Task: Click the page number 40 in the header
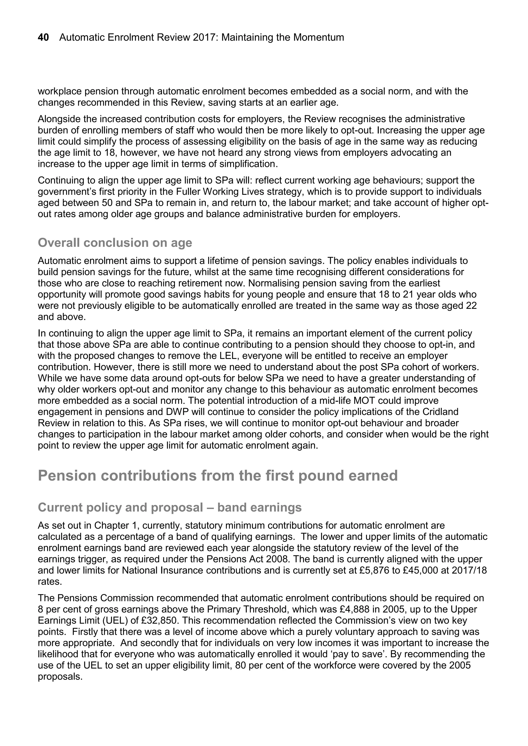[x=43, y=38]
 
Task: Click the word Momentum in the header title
[x=318, y=38]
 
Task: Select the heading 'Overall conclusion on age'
[x=115, y=243]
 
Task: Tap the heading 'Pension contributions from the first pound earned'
[x=218, y=476]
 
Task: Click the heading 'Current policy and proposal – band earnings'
[x=169, y=507]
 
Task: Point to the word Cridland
[x=440, y=412]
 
